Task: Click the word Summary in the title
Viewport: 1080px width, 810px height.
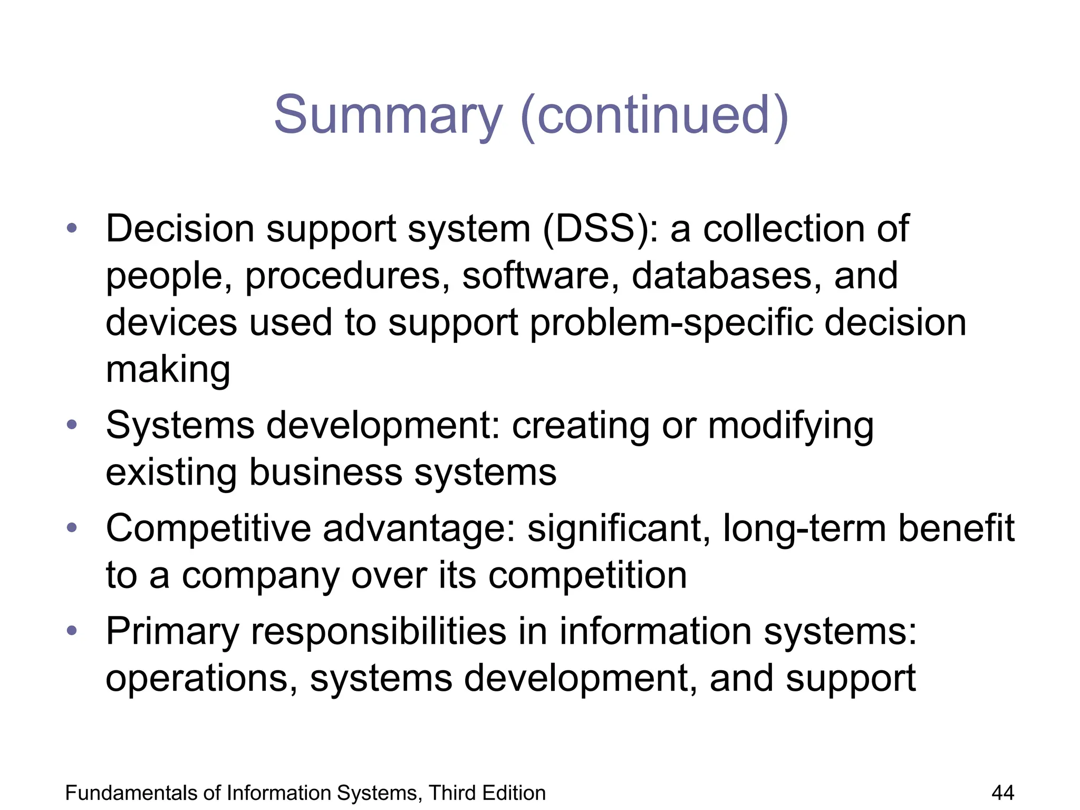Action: [x=388, y=115]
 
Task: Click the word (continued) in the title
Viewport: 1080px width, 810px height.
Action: [x=654, y=115]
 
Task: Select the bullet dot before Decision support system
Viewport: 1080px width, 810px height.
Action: [x=72, y=229]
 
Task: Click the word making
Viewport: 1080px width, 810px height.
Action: [x=168, y=370]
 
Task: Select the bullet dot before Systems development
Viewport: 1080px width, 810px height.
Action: [x=72, y=425]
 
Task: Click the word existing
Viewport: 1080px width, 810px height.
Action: [x=171, y=472]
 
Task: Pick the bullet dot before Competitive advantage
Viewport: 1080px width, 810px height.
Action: [x=72, y=528]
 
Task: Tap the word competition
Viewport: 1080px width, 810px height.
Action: [x=587, y=575]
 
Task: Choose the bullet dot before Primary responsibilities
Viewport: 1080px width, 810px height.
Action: [x=72, y=631]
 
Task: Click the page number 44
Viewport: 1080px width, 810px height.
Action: [x=1002, y=793]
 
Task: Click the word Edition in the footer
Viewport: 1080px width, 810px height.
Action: [x=515, y=793]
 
